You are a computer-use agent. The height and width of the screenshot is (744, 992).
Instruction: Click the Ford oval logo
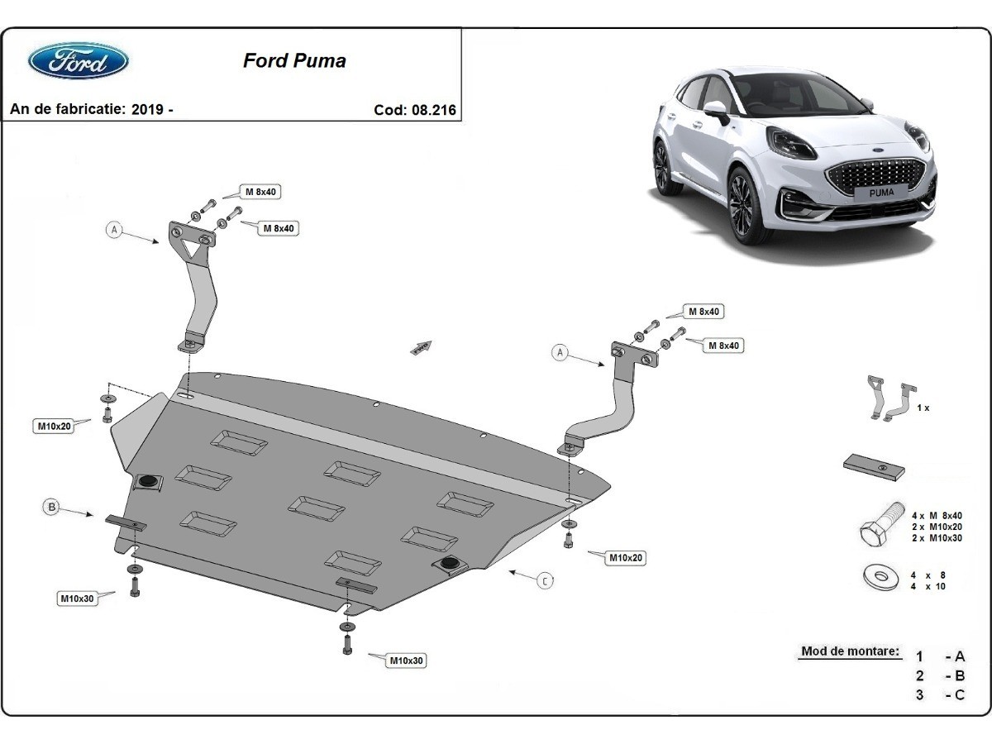tap(79, 61)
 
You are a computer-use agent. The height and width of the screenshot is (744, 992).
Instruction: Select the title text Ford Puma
tap(294, 60)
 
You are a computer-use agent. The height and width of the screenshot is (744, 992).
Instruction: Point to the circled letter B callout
tap(51, 508)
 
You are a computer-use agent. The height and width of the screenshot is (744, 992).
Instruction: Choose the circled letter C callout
tap(546, 581)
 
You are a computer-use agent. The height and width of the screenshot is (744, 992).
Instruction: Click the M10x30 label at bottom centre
tap(408, 661)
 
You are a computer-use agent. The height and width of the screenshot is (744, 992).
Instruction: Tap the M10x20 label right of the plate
tap(626, 558)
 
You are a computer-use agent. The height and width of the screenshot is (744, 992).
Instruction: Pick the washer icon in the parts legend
tap(880, 578)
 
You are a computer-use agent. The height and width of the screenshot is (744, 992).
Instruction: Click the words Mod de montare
tap(850, 651)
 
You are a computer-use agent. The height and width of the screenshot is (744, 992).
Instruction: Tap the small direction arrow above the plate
tap(422, 347)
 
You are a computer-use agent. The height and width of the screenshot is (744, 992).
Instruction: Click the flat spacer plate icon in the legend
tap(874, 467)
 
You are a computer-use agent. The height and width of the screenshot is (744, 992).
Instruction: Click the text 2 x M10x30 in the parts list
tap(937, 538)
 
